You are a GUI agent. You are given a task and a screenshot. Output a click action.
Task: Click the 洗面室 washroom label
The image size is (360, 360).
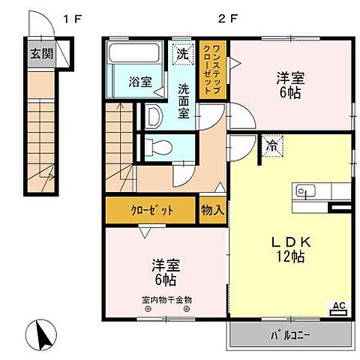(184, 100)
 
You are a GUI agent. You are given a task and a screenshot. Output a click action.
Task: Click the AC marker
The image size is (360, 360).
(339, 305)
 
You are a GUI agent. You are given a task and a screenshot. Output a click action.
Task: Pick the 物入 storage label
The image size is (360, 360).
(212, 211)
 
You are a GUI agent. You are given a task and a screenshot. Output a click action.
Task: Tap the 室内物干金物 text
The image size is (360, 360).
(166, 300)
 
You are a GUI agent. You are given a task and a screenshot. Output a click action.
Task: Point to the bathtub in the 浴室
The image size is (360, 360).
(135, 56)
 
